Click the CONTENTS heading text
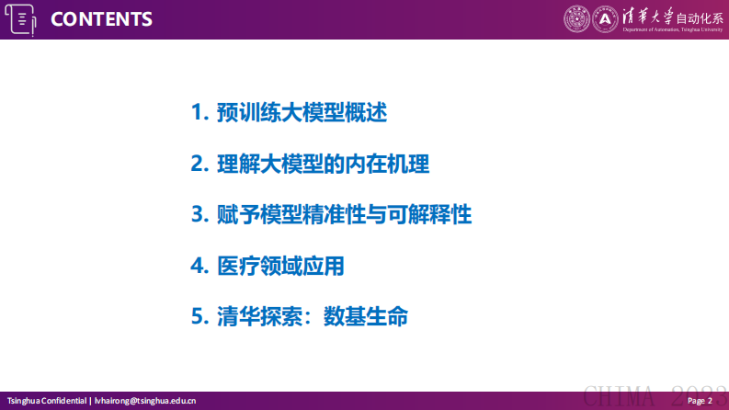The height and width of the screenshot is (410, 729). [x=101, y=19]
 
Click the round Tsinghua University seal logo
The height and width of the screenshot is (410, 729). [x=576, y=17]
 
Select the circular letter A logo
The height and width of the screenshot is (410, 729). [x=604, y=17]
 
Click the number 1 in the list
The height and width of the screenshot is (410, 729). [x=196, y=113]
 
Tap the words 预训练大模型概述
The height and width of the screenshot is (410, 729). [x=302, y=113]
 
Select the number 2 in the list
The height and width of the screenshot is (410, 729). [x=196, y=165]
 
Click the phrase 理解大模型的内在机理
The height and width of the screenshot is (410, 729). [x=323, y=165]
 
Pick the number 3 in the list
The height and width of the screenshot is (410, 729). [x=196, y=215]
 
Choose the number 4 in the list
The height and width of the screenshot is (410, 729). [x=196, y=267]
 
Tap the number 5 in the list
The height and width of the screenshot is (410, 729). [x=196, y=318]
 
